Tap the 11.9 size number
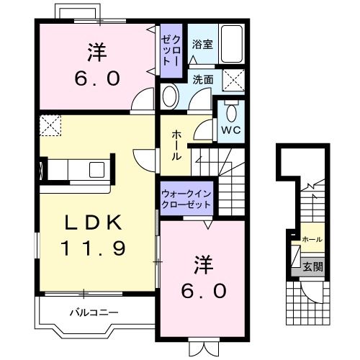pos(93,249)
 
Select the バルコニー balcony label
pos(94,312)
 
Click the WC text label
pos(230,130)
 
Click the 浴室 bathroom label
pos(202,45)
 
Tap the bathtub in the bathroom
pos(230,45)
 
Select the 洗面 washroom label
pos(202,81)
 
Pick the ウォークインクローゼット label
pos(186,199)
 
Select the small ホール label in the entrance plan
pos(312,239)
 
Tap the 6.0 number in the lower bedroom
pos(204,290)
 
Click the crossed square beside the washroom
pos(232,80)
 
